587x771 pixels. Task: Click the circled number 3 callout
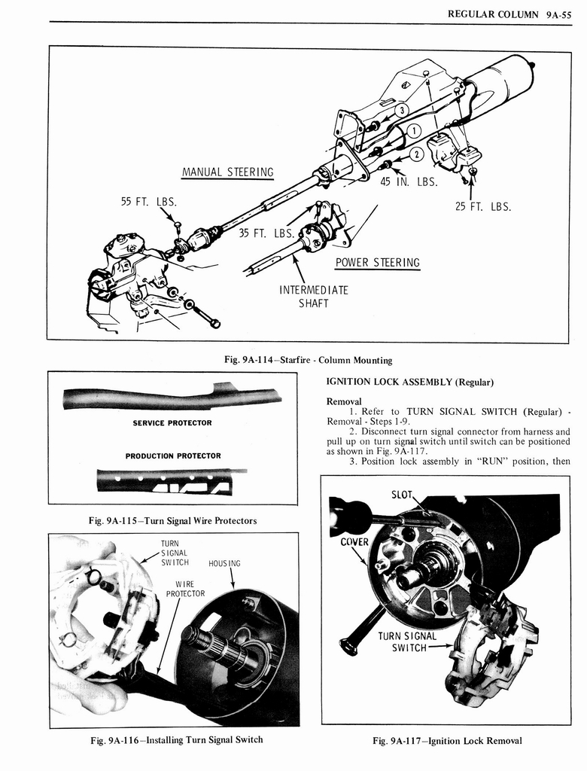[x=402, y=110]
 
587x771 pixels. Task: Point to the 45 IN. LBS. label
[x=409, y=181]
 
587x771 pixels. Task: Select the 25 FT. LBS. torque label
[x=483, y=207]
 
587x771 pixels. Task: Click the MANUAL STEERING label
[x=227, y=172]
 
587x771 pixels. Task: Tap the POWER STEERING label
[x=377, y=263]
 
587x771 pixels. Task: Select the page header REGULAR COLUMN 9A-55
[x=509, y=14]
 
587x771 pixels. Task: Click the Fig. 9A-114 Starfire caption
[x=308, y=360]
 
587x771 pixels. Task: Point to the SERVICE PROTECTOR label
[x=172, y=423]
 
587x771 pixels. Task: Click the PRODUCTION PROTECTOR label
[x=173, y=456]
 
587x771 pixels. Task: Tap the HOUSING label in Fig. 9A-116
[x=224, y=562]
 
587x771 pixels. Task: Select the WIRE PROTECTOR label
[x=185, y=588]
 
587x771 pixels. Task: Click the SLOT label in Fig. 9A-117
[x=403, y=495]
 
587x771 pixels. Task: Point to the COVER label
[x=354, y=542]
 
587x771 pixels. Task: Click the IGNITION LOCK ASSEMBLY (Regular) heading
[x=410, y=382]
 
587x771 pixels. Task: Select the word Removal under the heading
[x=344, y=401]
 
